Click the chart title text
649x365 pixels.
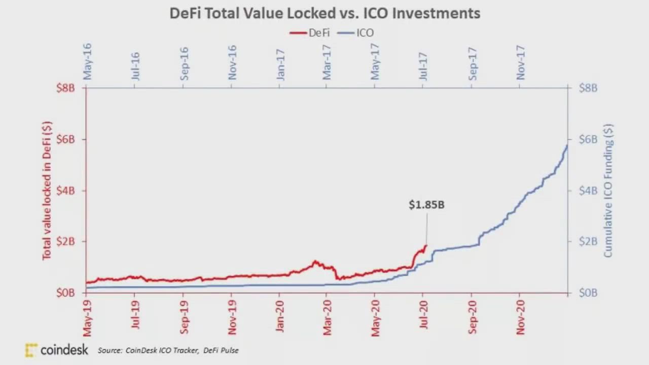click(324, 13)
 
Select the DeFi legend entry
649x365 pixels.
click(310, 33)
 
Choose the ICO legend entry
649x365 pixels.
click(357, 33)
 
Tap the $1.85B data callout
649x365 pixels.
click(426, 205)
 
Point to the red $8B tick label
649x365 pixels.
click(65, 88)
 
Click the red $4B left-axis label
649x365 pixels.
click(65, 191)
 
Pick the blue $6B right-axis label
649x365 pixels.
click(588, 139)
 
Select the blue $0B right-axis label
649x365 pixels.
click(588, 293)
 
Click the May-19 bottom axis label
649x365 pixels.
click(88, 317)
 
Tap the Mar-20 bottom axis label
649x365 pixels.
click(327, 317)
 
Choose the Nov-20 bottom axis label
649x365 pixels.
click(520, 317)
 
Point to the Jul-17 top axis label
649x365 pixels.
click(423, 63)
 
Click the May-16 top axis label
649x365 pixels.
click(87, 61)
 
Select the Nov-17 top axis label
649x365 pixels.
click(521, 63)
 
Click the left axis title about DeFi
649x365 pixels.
click(47, 191)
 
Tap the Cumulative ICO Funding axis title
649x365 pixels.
click(608, 191)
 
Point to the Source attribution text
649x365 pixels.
click(168, 350)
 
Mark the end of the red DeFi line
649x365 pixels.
click(426, 246)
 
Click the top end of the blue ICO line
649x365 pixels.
click(567, 145)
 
